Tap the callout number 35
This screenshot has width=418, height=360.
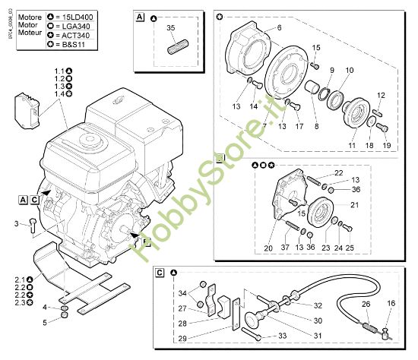tap(171, 28)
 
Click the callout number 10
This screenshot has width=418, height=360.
tap(350, 71)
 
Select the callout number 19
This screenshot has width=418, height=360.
tap(385, 145)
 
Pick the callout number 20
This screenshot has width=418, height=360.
tap(267, 248)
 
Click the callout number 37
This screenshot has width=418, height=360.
tap(286, 248)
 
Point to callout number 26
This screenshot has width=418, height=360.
tap(366, 305)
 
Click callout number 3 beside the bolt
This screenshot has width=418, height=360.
tap(16, 223)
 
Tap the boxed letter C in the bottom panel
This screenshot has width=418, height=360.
tap(160, 272)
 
